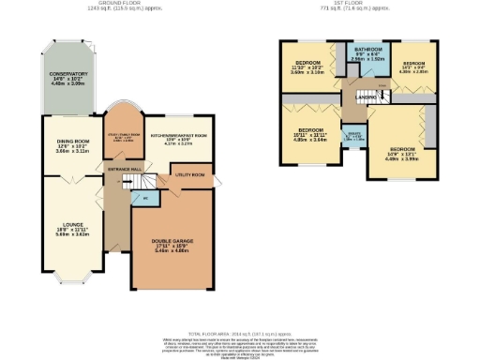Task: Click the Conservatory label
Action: tap(65, 77)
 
